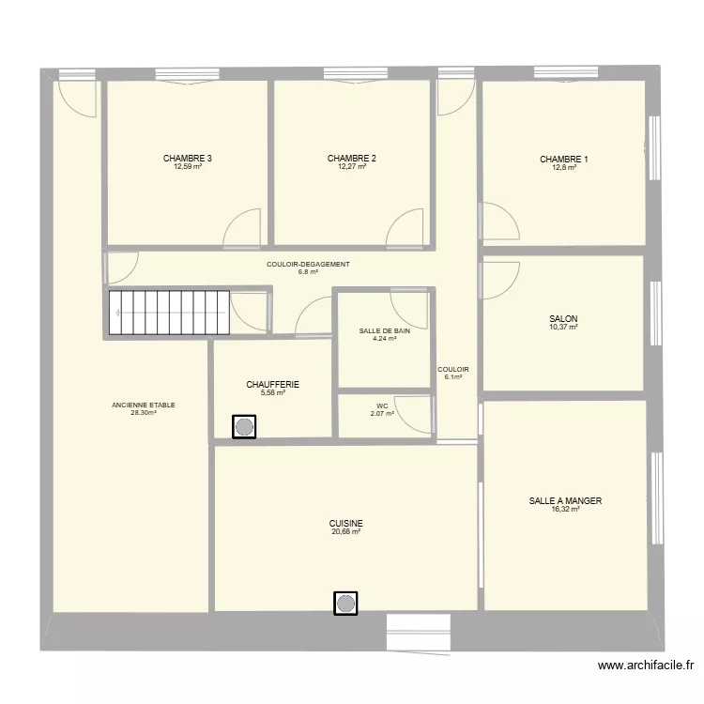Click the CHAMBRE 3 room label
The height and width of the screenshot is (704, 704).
click(187, 159)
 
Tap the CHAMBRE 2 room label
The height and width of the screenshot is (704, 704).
click(352, 159)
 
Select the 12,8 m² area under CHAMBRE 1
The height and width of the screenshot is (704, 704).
click(564, 167)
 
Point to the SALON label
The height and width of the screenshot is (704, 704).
click(563, 319)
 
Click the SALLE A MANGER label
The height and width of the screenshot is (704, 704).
click(565, 500)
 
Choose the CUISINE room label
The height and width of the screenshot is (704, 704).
click(345, 524)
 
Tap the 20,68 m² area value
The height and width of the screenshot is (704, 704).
click(345, 531)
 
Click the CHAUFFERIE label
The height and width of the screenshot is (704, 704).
click(272, 384)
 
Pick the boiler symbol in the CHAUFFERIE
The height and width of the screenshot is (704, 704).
click(244, 426)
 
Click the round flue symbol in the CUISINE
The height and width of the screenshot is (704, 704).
click(345, 604)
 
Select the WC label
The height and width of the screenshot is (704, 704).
click(382, 406)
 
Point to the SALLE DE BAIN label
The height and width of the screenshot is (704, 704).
click(384, 331)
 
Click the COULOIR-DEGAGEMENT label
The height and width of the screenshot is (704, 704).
click(308, 265)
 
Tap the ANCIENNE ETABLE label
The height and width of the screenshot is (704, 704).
click(144, 405)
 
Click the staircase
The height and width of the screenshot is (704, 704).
click(169, 313)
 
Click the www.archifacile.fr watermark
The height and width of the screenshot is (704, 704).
click(646, 665)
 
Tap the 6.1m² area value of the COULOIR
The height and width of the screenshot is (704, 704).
click(453, 377)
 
